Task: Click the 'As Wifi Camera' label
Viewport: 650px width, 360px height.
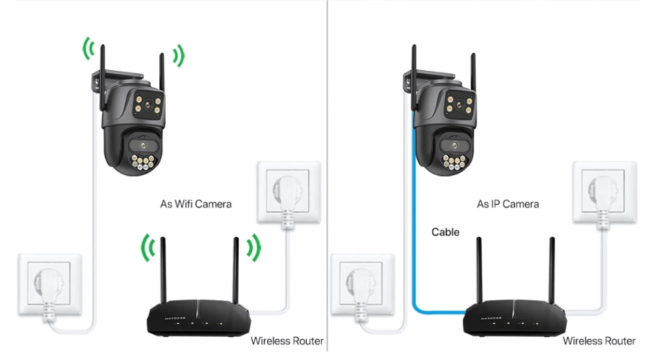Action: pos(196,204)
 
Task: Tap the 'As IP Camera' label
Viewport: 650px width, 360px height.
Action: pos(508,204)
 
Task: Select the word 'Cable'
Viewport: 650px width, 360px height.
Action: pos(445,232)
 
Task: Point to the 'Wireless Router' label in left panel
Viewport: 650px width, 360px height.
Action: pos(287,341)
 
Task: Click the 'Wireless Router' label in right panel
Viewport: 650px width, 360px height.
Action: pos(599,341)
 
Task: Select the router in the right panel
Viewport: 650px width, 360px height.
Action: pos(511,318)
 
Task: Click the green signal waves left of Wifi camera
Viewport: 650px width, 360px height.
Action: pos(88,49)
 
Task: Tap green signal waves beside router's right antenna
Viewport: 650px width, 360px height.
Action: pos(253,248)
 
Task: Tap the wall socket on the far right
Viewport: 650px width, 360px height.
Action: pos(601,192)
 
